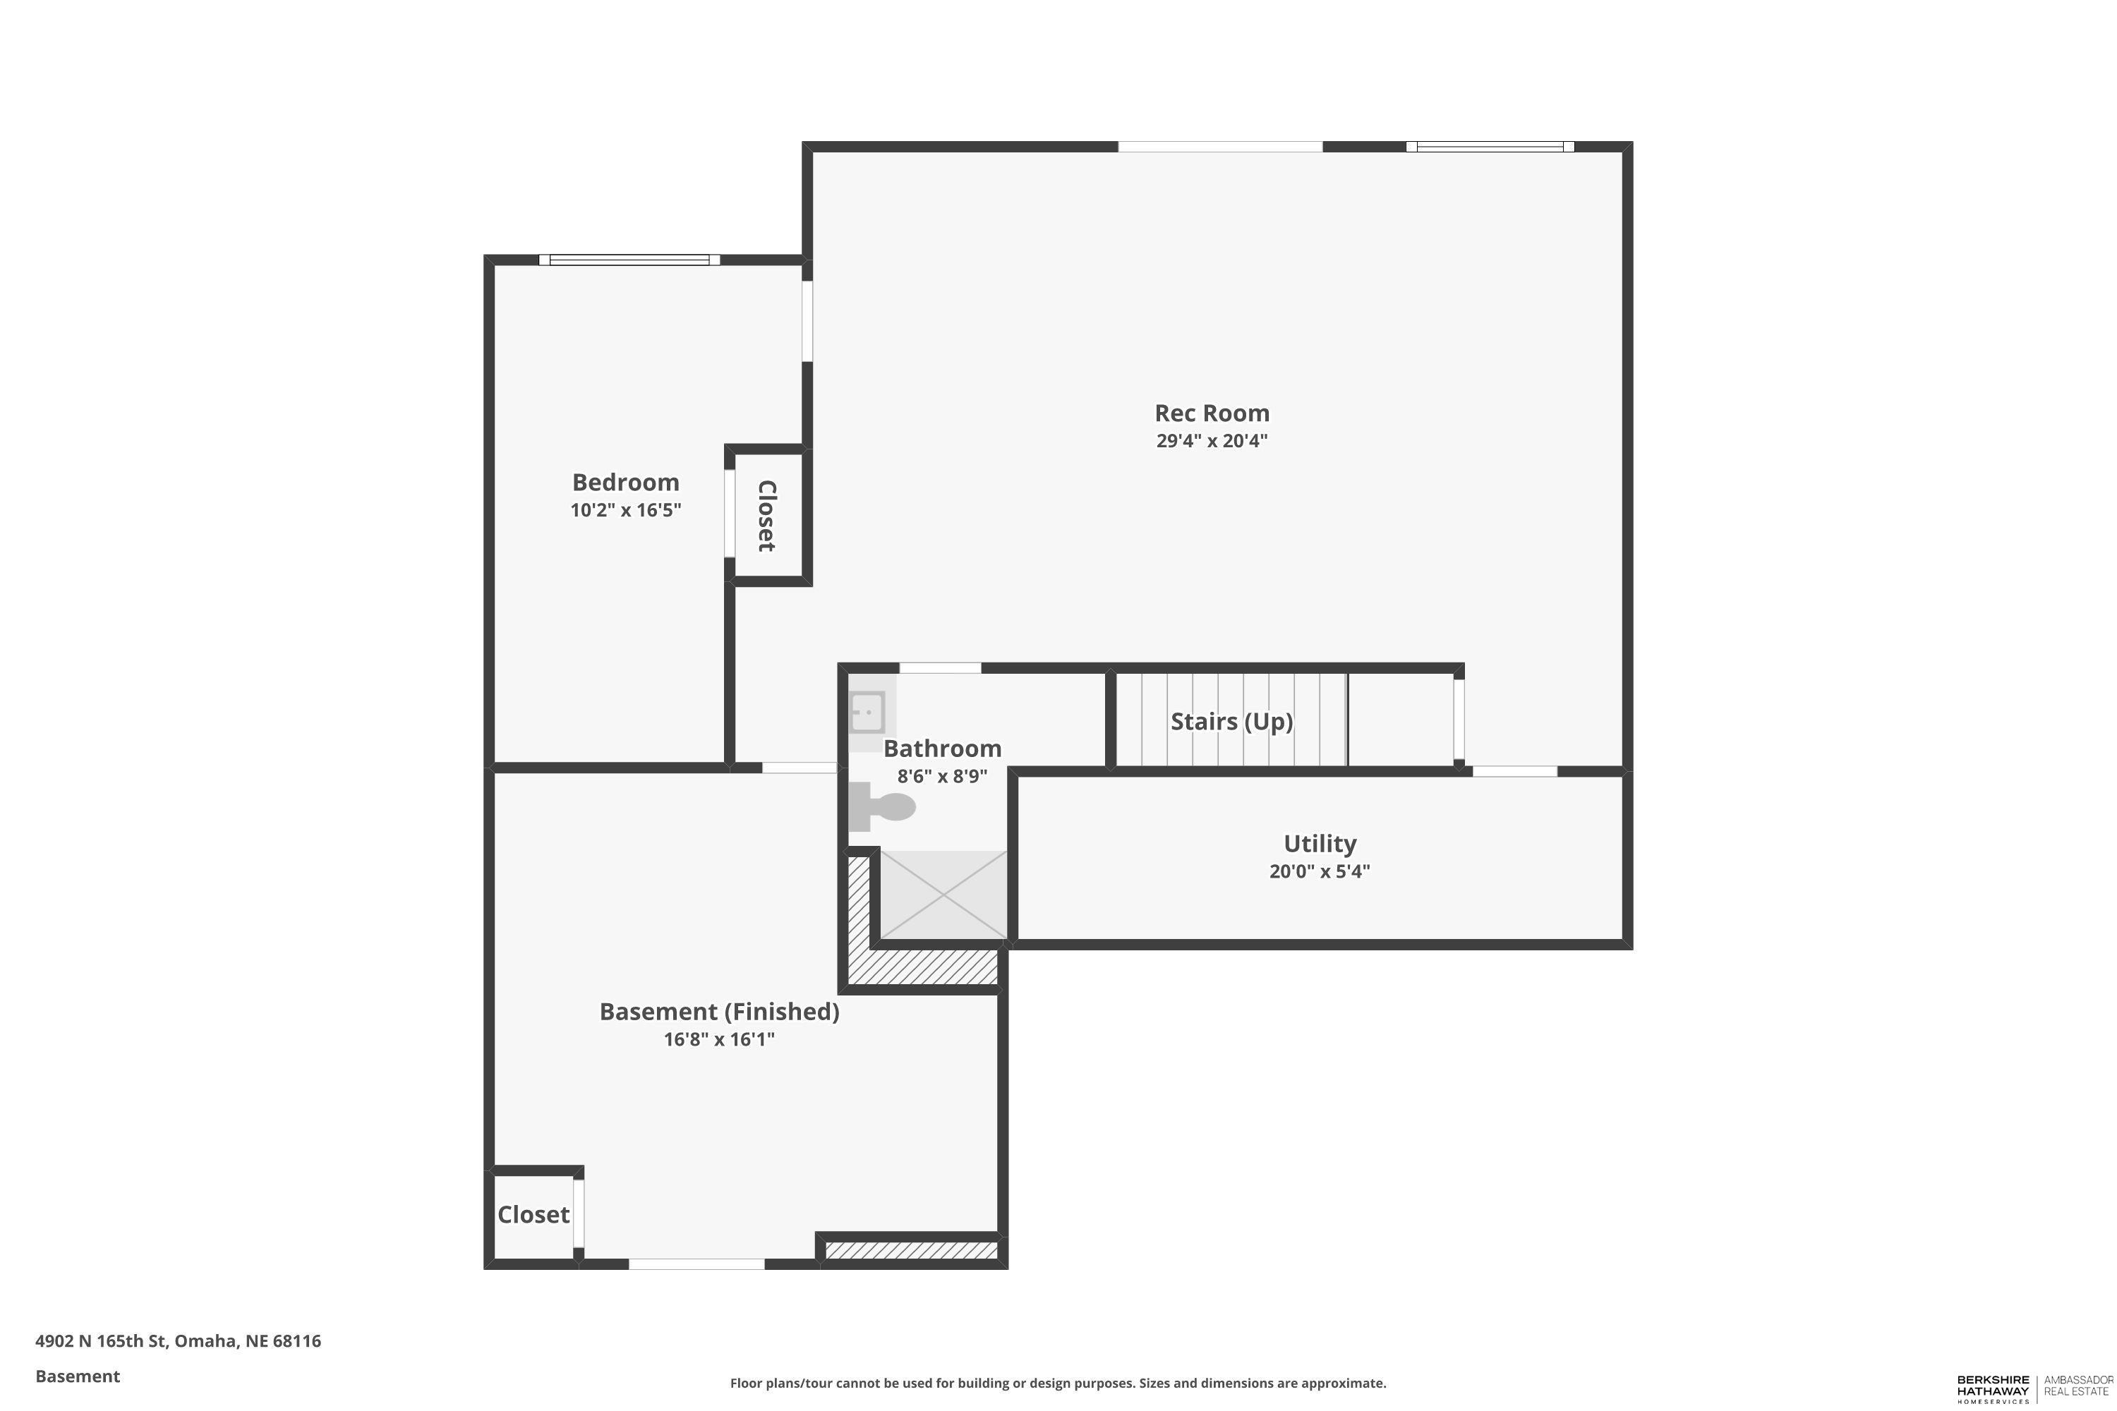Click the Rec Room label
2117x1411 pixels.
pyautogui.click(x=1212, y=413)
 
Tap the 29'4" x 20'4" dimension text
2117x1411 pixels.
pyautogui.click(x=1212, y=441)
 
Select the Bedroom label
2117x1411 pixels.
pyautogui.click(x=625, y=483)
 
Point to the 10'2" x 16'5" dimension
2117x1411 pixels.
pyautogui.click(x=625, y=510)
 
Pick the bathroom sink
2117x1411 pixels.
pyautogui.click(x=868, y=712)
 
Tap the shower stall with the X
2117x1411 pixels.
pyautogui.click(x=942, y=895)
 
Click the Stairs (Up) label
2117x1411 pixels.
pyautogui.click(x=1231, y=722)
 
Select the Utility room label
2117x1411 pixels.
pyautogui.click(x=1320, y=843)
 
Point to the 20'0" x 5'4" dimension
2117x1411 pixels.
pyautogui.click(x=1320, y=871)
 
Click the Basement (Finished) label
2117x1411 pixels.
pyautogui.click(x=719, y=1012)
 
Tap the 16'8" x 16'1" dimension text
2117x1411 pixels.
pyautogui.click(x=719, y=1039)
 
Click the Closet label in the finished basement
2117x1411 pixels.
pyautogui.click(x=533, y=1215)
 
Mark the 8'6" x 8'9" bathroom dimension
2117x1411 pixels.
pyautogui.click(x=942, y=775)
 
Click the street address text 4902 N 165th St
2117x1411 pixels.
pyautogui.click(x=101, y=1341)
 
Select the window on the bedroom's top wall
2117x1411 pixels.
pyautogui.click(x=629, y=260)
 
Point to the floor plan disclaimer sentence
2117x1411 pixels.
pyautogui.click(x=1058, y=1383)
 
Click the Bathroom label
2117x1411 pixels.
pyautogui.click(x=942, y=749)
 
